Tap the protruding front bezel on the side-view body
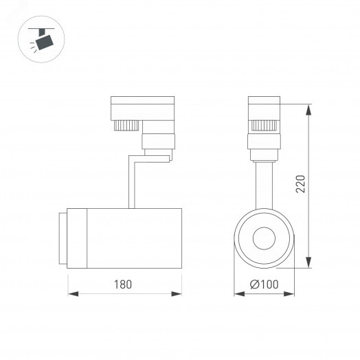(x=63, y=238)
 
